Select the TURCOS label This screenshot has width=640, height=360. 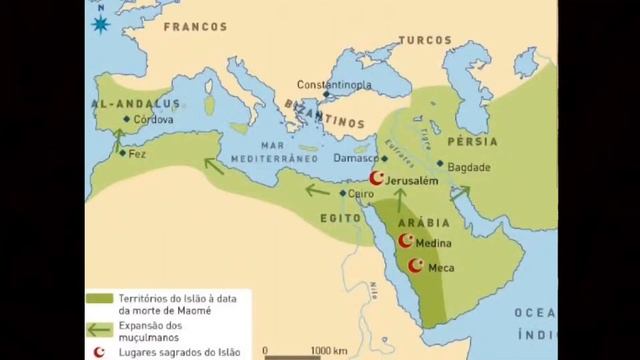[x=426, y=41]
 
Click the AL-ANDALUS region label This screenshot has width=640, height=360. [x=135, y=102]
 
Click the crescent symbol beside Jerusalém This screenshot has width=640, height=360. [x=377, y=178]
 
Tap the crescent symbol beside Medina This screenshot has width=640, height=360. [x=406, y=242]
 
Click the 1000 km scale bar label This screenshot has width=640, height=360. [x=328, y=350]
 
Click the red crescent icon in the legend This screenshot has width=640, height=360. [x=97, y=350]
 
